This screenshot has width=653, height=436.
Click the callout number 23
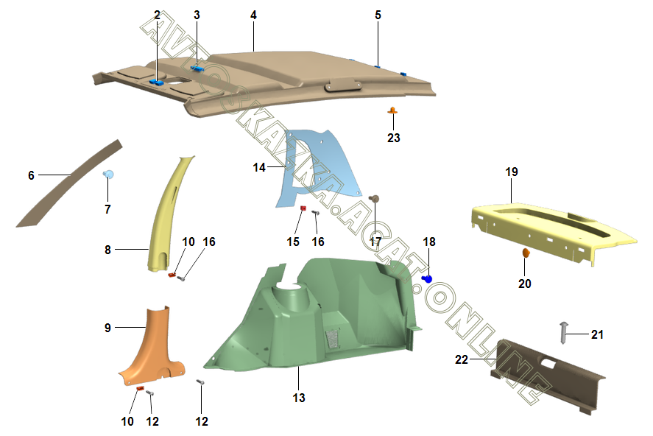tap(394, 138)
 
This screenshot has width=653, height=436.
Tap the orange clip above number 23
tap(393, 111)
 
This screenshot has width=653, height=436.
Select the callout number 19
tap(512, 172)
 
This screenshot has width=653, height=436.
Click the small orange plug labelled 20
tap(526, 253)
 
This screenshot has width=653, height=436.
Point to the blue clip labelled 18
tap(426, 279)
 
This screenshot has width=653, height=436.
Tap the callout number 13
tap(299, 398)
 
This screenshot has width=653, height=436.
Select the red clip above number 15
tap(303, 208)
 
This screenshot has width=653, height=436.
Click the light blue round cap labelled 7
tap(108, 175)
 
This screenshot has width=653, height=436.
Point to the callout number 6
tap(31, 175)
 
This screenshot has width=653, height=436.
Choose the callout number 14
tap(259, 168)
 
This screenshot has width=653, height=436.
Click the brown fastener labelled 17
tap(375, 198)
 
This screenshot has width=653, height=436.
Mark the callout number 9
tap(107, 328)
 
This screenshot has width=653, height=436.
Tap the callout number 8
tap(107, 250)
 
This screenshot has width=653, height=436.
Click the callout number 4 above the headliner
tap(253, 15)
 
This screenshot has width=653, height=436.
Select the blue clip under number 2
tap(157, 82)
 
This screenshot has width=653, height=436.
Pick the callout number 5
tap(378, 15)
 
